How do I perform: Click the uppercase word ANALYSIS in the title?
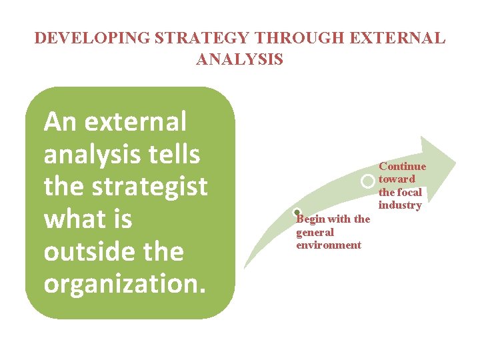click(240, 59)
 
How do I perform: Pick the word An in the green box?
click(61, 122)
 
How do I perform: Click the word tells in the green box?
click(177, 155)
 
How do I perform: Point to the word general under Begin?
click(315, 232)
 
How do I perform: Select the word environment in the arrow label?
click(329, 245)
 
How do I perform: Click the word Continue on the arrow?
click(402, 166)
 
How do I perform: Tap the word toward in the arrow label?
click(397, 179)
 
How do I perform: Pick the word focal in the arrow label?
click(409, 192)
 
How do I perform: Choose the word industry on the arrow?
click(400, 205)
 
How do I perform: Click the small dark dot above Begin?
click(297, 213)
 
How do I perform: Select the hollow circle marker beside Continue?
click(367, 181)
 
